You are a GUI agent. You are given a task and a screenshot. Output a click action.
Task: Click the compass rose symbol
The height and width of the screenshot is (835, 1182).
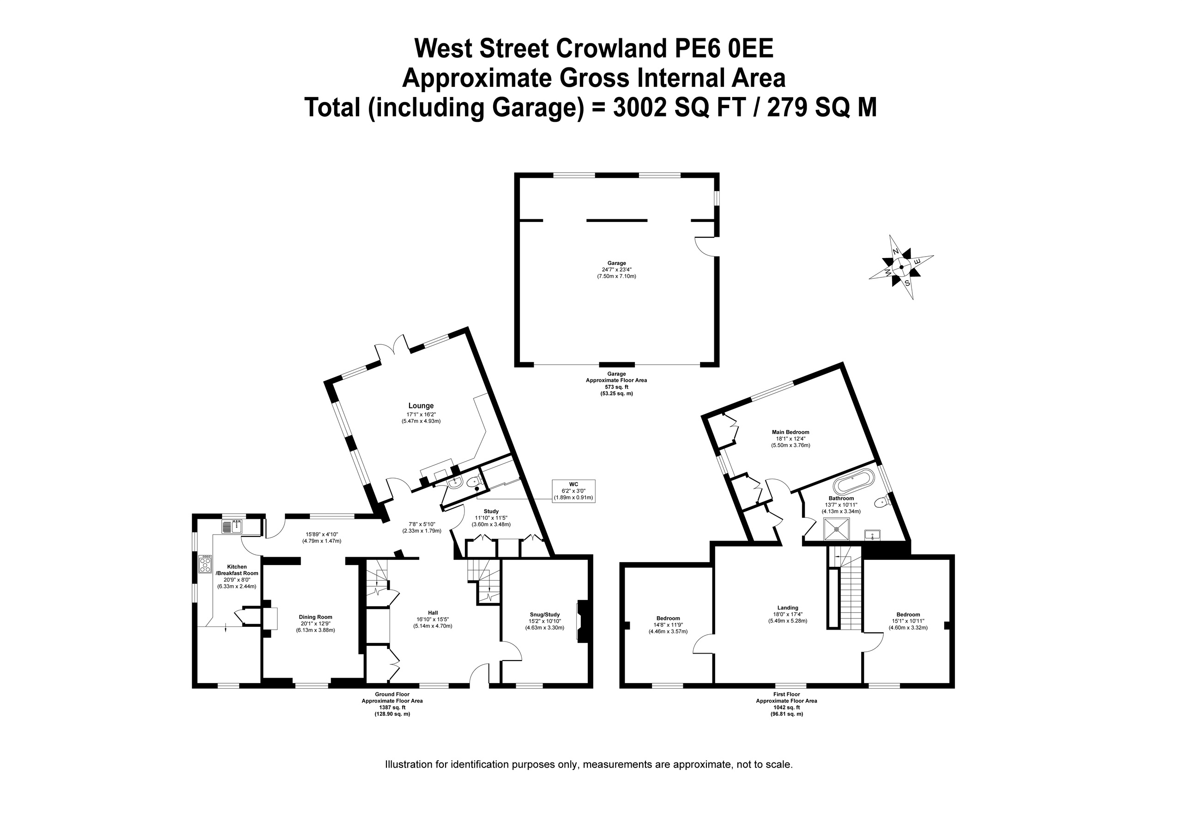[901, 267]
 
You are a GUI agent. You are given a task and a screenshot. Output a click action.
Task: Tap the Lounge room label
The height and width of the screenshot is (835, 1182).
[421, 406]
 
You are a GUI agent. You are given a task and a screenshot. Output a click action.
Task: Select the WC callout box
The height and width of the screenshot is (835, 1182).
[573, 491]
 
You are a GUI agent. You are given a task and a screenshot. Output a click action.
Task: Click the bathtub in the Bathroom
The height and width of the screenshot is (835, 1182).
[854, 481]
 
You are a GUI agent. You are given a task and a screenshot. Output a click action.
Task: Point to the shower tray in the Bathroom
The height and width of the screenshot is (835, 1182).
[837, 529]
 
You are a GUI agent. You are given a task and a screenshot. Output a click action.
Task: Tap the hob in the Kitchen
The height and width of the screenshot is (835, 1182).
[205, 564]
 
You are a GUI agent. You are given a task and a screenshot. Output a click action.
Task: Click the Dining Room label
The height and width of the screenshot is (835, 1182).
[315, 617]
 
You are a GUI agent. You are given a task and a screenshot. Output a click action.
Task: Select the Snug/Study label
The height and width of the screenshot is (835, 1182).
[545, 614]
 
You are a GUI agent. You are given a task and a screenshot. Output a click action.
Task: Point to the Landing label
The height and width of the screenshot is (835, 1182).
[788, 607]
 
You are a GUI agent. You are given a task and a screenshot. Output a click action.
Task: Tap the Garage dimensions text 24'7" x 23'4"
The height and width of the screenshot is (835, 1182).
[616, 269]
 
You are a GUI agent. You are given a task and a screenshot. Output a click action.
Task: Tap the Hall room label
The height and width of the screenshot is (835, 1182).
[433, 613]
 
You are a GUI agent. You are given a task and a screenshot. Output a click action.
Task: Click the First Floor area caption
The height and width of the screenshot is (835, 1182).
[786, 704]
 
